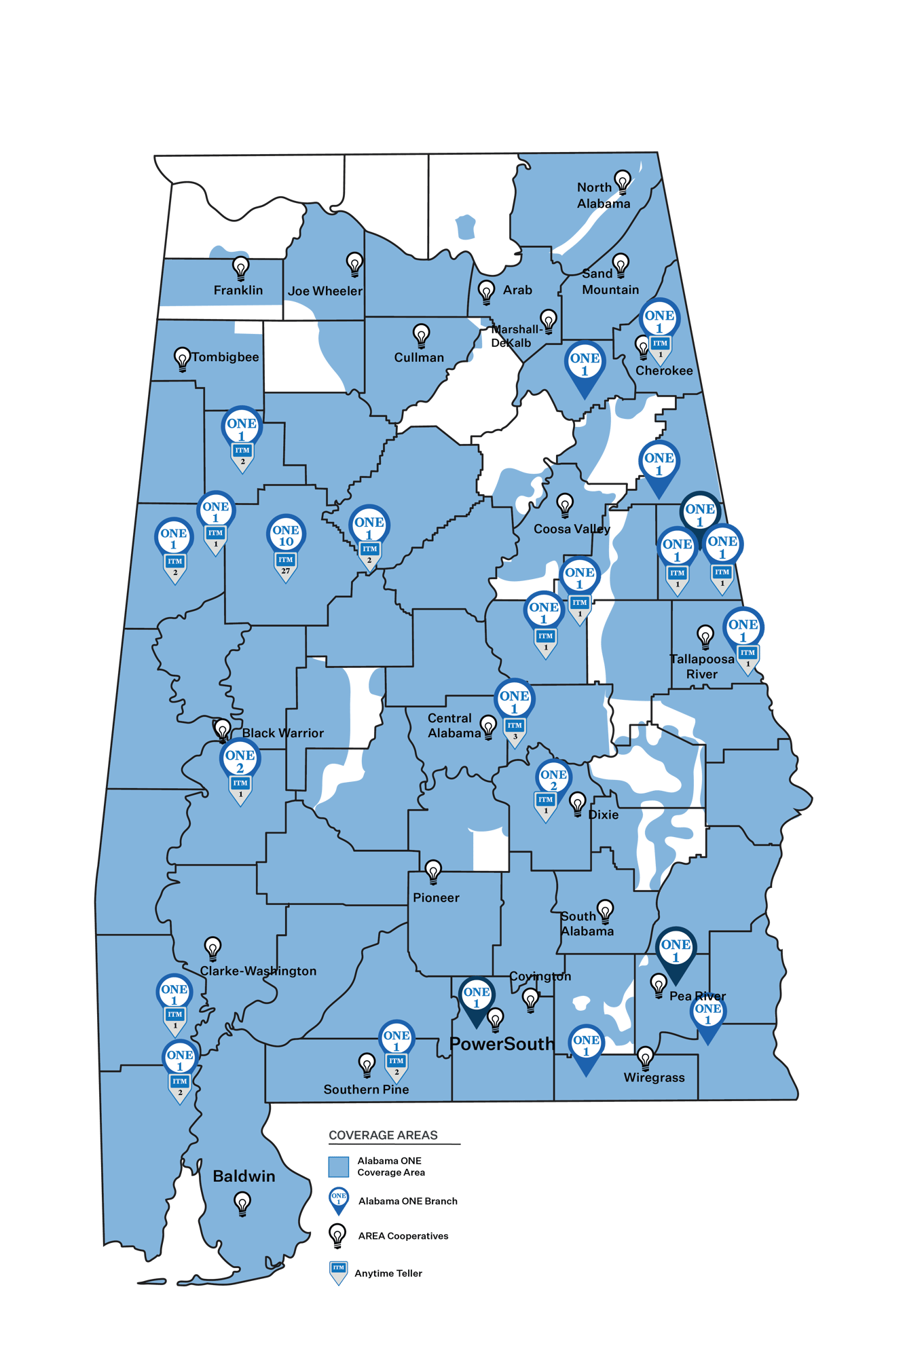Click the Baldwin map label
click(x=244, y=1176)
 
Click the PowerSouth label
click(x=502, y=1043)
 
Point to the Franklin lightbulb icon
click(x=241, y=267)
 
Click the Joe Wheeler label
click(x=325, y=291)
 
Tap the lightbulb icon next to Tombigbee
click(x=182, y=358)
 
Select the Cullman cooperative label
click(x=419, y=358)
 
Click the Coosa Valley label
click(x=572, y=529)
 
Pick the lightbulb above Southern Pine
click(x=367, y=1064)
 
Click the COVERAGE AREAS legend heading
click(x=383, y=1135)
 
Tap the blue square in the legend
click(x=338, y=1167)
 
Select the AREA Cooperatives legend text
click(x=403, y=1235)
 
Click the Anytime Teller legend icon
click(x=338, y=1273)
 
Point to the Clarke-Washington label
click(x=258, y=971)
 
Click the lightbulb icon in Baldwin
click(x=242, y=1204)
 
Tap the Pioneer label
click(x=436, y=897)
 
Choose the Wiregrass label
click(x=654, y=1077)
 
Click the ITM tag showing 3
click(x=515, y=730)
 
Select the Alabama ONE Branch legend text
click(x=408, y=1201)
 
